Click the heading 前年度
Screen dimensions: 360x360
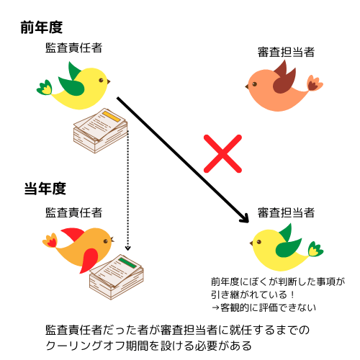click(42, 27)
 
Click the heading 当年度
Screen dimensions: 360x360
click(45, 189)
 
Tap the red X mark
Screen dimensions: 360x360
click(222, 153)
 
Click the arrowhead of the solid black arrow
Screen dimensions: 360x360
click(245, 218)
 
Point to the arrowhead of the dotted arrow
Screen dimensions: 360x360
click(128, 248)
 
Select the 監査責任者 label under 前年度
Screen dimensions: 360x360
click(74, 48)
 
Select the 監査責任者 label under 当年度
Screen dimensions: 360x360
click(74, 212)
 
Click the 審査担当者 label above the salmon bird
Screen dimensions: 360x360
click(286, 52)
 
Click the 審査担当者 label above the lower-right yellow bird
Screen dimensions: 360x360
click(286, 212)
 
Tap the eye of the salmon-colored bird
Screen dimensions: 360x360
click(254, 84)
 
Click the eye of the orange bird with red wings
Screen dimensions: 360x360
click(106, 241)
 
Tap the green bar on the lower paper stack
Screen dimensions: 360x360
click(127, 263)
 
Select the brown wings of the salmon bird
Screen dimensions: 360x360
click(284, 78)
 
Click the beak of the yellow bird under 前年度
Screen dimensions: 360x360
click(109, 81)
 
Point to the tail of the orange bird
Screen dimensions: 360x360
click(50, 240)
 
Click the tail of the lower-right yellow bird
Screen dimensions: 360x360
click(315, 249)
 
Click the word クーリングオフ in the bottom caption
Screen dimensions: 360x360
click(86, 346)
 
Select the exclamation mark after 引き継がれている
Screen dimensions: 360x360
click(292, 294)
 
